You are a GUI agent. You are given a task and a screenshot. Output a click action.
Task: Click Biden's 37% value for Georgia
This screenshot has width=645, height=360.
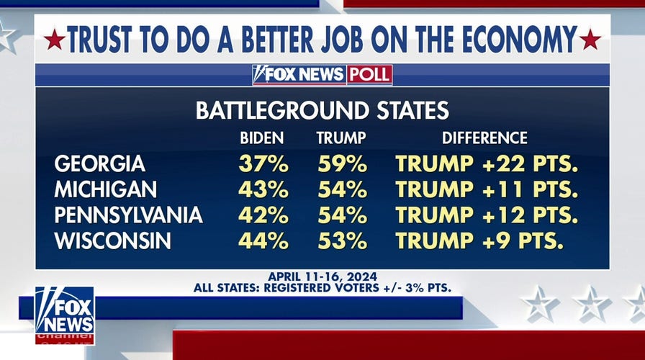pyautogui.click(x=263, y=164)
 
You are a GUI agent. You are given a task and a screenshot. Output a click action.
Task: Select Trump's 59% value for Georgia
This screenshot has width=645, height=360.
pyautogui.click(x=342, y=164)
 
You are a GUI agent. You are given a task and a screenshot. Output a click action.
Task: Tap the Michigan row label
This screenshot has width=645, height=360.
pyautogui.click(x=105, y=190)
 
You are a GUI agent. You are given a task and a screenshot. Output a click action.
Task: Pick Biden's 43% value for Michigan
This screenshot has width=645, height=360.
pyautogui.click(x=263, y=190)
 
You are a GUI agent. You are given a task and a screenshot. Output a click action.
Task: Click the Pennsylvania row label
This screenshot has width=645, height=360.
pyautogui.click(x=128, y=215)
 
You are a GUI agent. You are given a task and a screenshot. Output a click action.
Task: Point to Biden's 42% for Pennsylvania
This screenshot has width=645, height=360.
pyautogui.click(x=263, y=215)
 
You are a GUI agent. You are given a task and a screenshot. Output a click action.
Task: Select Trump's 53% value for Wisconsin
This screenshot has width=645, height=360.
pyautogui.click(x=342, y=240)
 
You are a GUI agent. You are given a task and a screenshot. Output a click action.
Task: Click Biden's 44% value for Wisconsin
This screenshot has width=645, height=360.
pyautogui.click(x=263, y=240)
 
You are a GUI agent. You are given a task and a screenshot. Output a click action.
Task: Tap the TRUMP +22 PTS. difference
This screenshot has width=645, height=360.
pyautogui.click(x=487, y=164)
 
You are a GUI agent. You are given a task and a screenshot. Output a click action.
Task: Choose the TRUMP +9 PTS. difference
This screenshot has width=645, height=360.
pyautogui.click(x=480, y=240)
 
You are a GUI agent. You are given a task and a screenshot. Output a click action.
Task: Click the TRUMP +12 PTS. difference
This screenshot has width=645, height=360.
pyautogui.click(x=487, y=215)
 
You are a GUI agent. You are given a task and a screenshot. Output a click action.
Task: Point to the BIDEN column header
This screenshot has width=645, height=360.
pyautogui.click(x=262, y=138)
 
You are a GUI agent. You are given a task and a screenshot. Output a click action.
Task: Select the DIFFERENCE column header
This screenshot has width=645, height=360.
pyautogui.click(x=484, y=138)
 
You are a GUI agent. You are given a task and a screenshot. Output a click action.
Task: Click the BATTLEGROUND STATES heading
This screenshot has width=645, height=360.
pyautogui.click(x=322, y=110)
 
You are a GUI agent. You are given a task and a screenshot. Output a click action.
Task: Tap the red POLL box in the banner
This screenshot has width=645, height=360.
pyautogui.click(x=369, y=74)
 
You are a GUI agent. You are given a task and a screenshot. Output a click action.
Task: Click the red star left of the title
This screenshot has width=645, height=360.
pyautogui.click(x=54, y=39)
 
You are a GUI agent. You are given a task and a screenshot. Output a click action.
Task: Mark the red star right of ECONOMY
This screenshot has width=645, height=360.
pyautogui.click(x=590, y=39)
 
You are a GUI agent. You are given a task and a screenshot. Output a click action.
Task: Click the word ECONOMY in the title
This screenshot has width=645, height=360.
pyautogui.click(x=507, y=39)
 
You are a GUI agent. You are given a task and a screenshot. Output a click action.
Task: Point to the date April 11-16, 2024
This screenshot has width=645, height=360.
pyautogui.click(x=322, y=276)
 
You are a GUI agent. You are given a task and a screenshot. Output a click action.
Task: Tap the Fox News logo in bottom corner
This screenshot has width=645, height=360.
pyautogui.click(x=64, y=315)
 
